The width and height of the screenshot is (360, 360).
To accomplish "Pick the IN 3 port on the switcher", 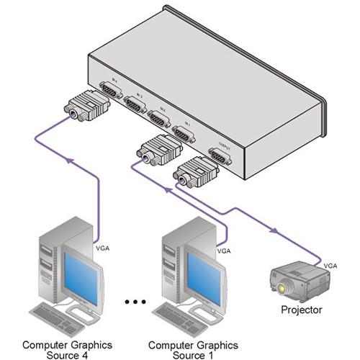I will pyautogui.click(x=135, y=104).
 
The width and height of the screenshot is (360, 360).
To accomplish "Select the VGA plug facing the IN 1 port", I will pyautogui.click(x=159, y=150).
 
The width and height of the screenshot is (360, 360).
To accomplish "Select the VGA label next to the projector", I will pyautogui.click(x=329, y=266).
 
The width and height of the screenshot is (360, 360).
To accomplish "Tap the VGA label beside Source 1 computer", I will pyautogui.click(x=224, y=251).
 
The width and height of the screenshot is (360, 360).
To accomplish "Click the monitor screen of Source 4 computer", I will pyautogui.click(x=81, y=274).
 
